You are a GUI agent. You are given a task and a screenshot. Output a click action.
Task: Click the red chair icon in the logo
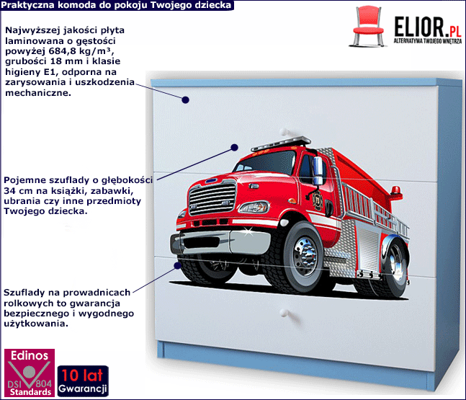point(368,27)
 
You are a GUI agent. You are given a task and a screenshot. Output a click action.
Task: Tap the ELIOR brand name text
point(419,27)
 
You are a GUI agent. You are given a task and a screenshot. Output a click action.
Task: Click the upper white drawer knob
point(284,132)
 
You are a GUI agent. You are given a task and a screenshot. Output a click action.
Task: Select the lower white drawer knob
point(284,312)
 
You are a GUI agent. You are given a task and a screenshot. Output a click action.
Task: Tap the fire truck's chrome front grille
point(212,198)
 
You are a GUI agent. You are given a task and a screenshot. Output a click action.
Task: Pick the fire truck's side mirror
point(318,170)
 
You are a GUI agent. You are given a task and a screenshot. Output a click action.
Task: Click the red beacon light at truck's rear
point(396,192)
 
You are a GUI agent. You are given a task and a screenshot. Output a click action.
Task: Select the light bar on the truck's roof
point(281,143)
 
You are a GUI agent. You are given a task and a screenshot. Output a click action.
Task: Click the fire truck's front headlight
point(254,207)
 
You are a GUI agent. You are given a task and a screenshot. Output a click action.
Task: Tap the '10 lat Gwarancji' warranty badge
point(83,381)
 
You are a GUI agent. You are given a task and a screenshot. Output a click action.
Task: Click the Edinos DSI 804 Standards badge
point(29,373)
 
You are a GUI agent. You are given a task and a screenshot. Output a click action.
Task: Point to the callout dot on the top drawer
point(185,100)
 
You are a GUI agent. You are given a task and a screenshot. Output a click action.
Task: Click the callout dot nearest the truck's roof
point(235,147)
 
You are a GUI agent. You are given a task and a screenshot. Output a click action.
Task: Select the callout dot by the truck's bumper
point(178,265)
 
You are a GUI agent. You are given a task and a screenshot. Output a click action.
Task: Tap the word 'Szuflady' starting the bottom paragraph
point(24,293)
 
